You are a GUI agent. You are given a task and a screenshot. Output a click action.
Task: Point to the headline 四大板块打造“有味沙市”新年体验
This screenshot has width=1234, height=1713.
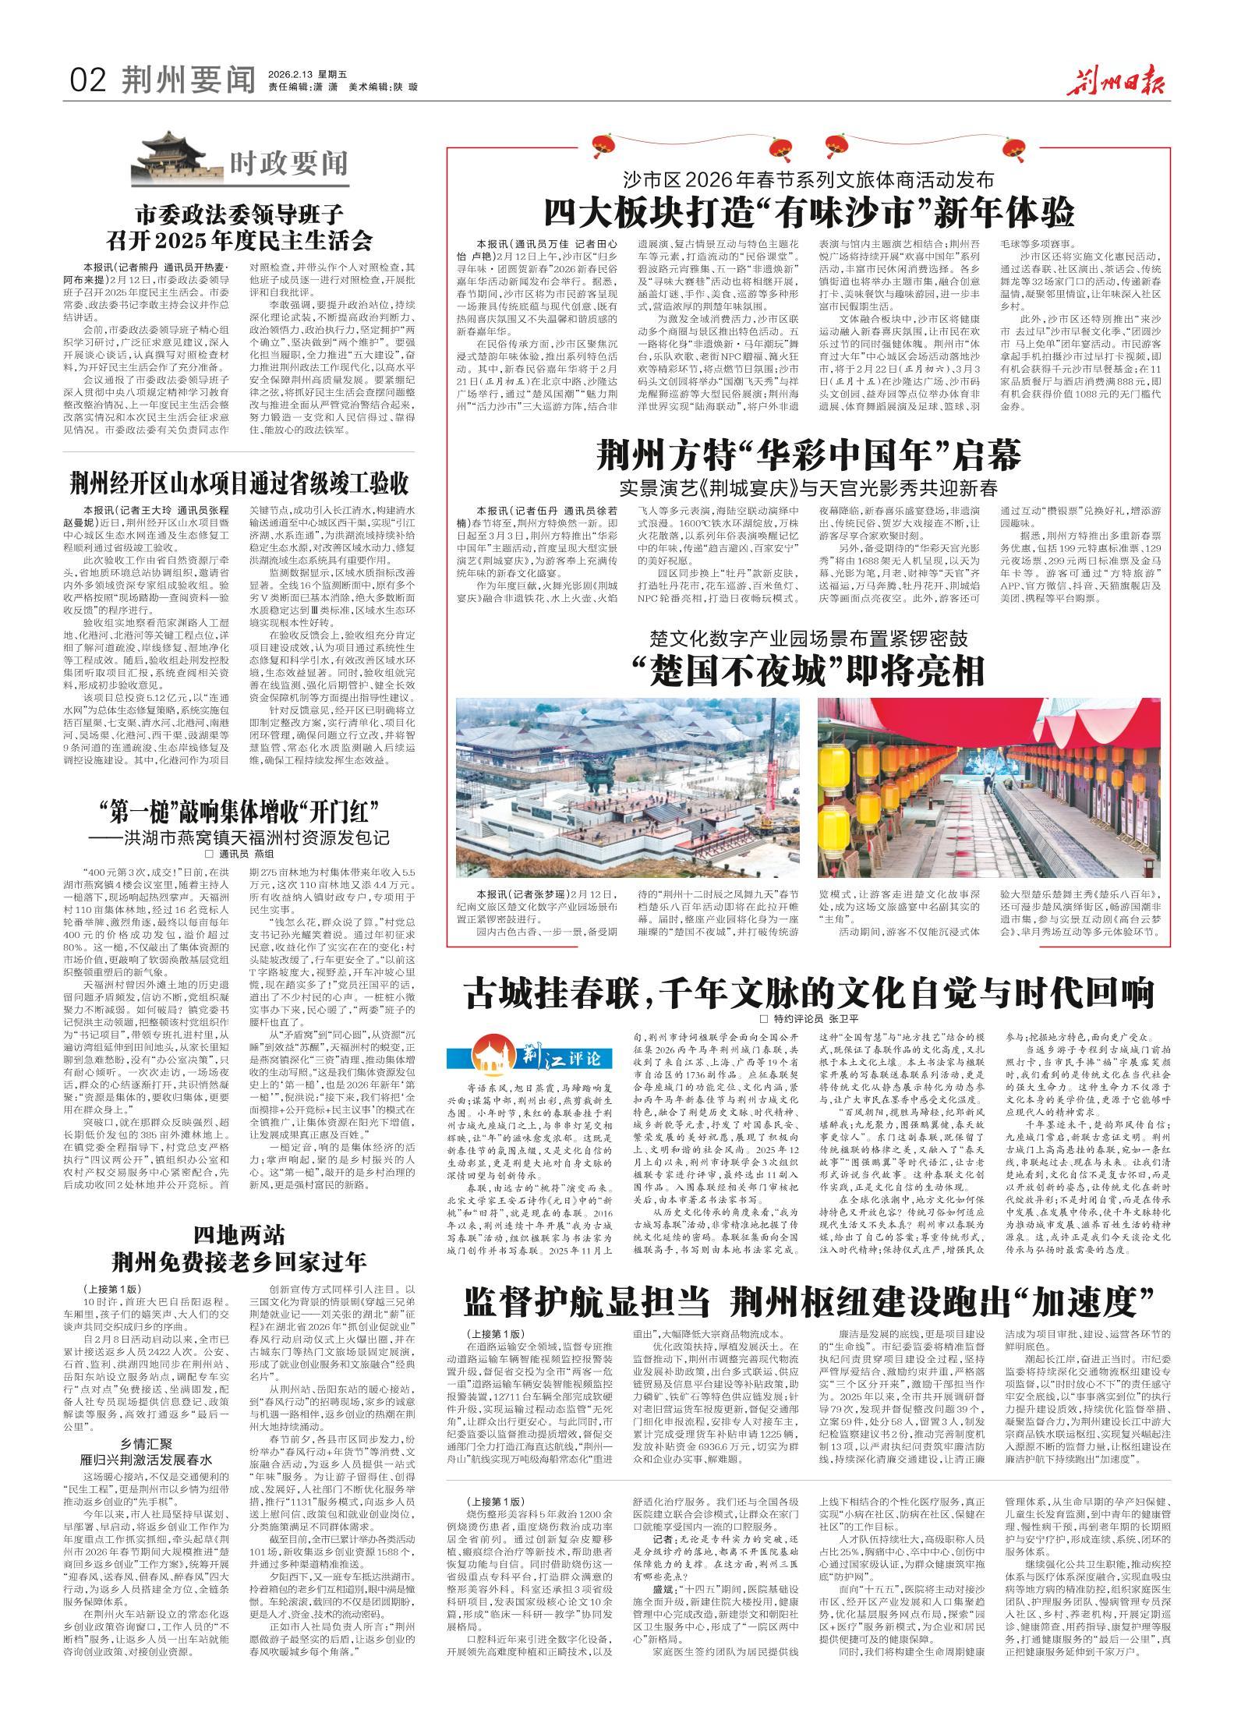point(809,212)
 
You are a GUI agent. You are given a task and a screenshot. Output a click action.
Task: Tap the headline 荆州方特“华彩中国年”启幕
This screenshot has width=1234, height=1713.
point(808,455)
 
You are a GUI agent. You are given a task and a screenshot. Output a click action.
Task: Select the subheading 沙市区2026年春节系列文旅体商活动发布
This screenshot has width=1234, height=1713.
point(808,180)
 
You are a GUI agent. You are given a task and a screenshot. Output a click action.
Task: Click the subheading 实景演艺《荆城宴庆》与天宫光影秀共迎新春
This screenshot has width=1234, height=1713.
point(808,489)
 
